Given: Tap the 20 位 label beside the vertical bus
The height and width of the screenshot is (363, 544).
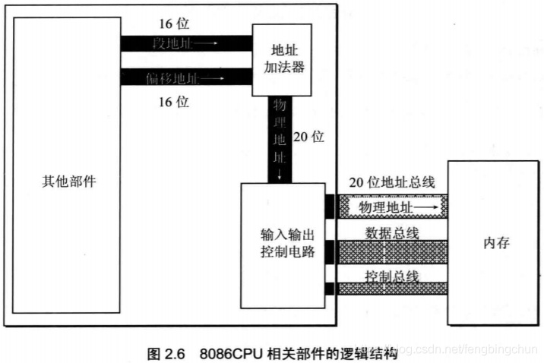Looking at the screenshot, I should (x=308, y=137).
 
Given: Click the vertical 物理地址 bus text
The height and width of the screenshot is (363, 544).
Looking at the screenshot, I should (x=281, y=137).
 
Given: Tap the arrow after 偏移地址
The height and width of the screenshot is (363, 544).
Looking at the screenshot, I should (x=212, y=77).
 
